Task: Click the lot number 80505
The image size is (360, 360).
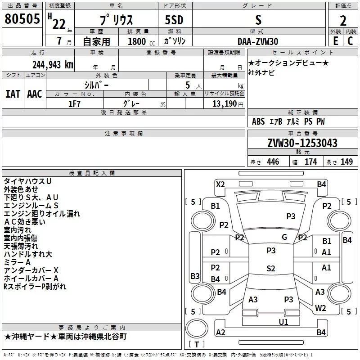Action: pos(22,19)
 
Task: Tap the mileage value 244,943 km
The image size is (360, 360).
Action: pos(53,65)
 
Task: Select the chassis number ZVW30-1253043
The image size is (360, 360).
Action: pos(302,143)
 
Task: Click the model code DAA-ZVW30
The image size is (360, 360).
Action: pos(258,41)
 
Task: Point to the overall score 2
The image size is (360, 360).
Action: pos(343,21)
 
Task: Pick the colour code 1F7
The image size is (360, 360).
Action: pos(74,104)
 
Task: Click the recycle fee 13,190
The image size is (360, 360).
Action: pos(225,104)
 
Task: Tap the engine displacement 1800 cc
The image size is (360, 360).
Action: pos(141,41)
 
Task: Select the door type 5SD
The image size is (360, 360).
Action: pos(174,20)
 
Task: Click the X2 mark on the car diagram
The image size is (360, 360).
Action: pos(220,184)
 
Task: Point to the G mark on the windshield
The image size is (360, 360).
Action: pos(284,237)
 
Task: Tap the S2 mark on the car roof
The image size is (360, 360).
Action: pos(271,268)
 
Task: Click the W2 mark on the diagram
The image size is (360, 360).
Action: pos(320,308)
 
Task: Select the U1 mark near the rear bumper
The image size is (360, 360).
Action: pos(283,322)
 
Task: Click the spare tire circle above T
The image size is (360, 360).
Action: pos(197,328)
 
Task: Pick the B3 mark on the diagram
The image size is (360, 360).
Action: pos(195,276)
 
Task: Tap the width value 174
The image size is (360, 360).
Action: pos(310,162)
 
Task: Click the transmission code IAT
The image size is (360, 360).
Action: pos(13,94)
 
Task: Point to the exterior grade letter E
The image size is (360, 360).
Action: pos(336,41)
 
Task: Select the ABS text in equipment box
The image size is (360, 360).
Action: pos(258,121)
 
